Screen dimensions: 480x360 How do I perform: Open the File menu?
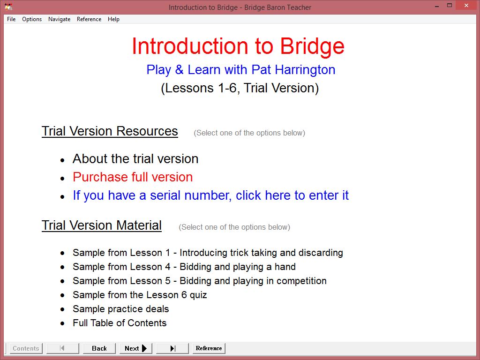pos(11,19)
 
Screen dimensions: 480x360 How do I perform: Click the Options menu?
pos(32,19)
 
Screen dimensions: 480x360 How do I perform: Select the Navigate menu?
pos(60,19)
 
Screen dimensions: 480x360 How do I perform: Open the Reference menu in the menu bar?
pos(89,19)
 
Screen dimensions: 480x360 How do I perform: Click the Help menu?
pos(113,19)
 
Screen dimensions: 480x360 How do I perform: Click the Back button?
pos(99,348)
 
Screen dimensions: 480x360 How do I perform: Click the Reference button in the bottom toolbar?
pos(209,348)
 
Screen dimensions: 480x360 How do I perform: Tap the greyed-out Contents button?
pos(26,348)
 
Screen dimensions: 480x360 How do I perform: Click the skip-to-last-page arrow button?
pos(172,348)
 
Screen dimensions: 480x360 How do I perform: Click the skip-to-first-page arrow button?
pos(62,348)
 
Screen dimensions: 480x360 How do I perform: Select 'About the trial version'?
pos(135,159)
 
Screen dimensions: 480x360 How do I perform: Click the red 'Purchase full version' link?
pos(133,177)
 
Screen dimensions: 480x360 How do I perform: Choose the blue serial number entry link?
pos(210,195)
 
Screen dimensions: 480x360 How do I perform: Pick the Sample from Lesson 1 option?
pos(208,253)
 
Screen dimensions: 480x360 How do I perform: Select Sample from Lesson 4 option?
pos(184,267)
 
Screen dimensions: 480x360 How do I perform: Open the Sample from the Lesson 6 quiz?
pos(140,295)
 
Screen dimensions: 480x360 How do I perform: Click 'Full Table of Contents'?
pos(120,323)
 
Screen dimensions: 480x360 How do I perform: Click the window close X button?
pos(466,6)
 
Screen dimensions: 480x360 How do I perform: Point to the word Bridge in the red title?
pos(312,46)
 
